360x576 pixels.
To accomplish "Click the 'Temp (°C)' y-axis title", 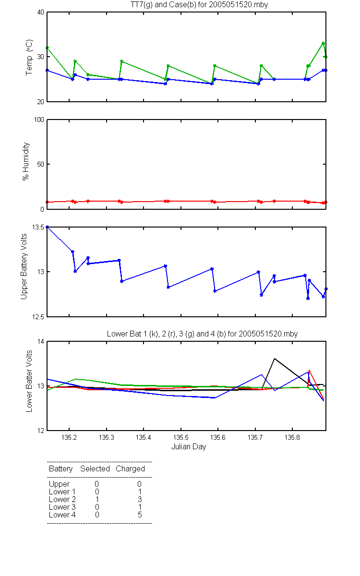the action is (29, 57).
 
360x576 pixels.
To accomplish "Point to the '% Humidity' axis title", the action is (26, 161).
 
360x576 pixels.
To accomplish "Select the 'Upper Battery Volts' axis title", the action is (24, 266).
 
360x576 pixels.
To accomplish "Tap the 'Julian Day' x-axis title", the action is (189, 447).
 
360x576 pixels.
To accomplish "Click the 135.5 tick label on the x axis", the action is (181, 437).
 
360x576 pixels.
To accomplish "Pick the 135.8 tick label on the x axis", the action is (292, 437).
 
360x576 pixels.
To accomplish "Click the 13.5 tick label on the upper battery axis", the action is (38, 227).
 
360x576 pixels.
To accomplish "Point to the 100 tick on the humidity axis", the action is (39, 120).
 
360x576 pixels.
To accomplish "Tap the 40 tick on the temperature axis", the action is (41, 12).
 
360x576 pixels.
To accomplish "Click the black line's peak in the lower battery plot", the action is (275, 359).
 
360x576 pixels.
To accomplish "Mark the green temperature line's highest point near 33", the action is (323, 43).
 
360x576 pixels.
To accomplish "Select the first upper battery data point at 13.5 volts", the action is (47, 227).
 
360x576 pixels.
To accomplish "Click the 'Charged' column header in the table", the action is (130, 469).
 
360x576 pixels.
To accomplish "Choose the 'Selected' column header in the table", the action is (95, 469).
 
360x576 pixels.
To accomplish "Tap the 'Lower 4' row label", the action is (62, 515).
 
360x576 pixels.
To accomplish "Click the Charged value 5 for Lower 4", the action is (140, 515).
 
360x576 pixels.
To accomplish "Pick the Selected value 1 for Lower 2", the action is (97, 499).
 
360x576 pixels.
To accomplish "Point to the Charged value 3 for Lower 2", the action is (140, 499).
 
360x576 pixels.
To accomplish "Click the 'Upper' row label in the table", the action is (59, 484).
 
